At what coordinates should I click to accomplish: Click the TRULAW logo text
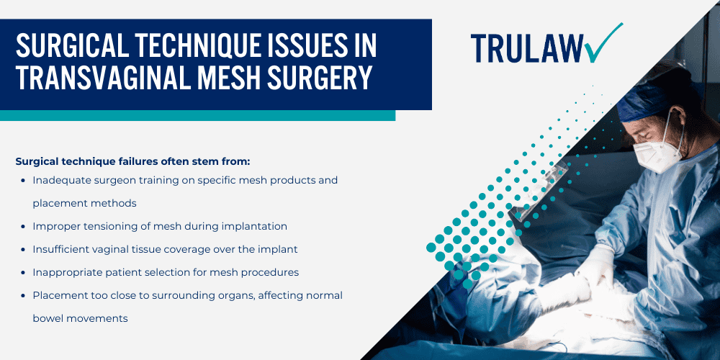526,48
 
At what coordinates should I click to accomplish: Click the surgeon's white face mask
656,153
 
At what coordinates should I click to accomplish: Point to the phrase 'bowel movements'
80,318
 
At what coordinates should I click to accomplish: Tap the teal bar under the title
197,116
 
